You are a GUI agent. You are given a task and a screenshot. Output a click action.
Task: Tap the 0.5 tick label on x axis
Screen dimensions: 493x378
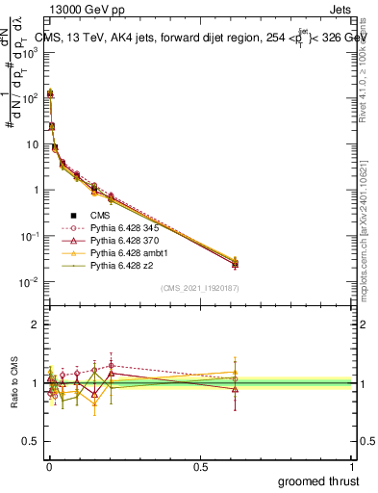pos(200,466)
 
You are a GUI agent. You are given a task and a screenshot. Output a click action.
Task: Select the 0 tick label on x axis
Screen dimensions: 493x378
pos(49,466)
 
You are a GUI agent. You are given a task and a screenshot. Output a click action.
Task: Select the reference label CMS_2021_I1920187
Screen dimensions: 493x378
pos(198,288)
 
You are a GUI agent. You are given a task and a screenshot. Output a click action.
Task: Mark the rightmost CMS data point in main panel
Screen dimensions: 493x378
pos(235,264)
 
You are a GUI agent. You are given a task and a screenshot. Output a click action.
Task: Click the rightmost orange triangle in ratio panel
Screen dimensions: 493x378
pos(235,372)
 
